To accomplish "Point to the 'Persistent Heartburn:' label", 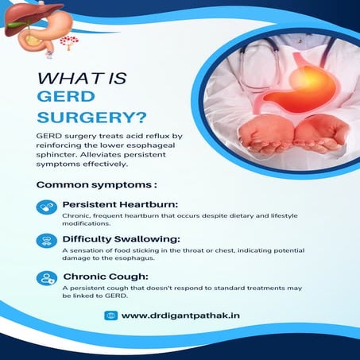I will click(115, 203).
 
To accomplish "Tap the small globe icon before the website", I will click(110, 315).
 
